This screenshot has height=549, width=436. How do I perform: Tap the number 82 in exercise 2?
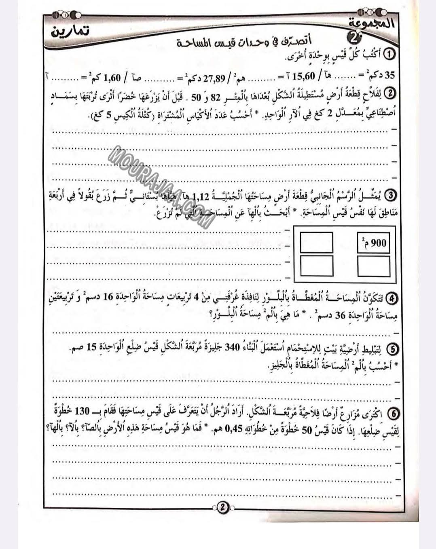(218, 97)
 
